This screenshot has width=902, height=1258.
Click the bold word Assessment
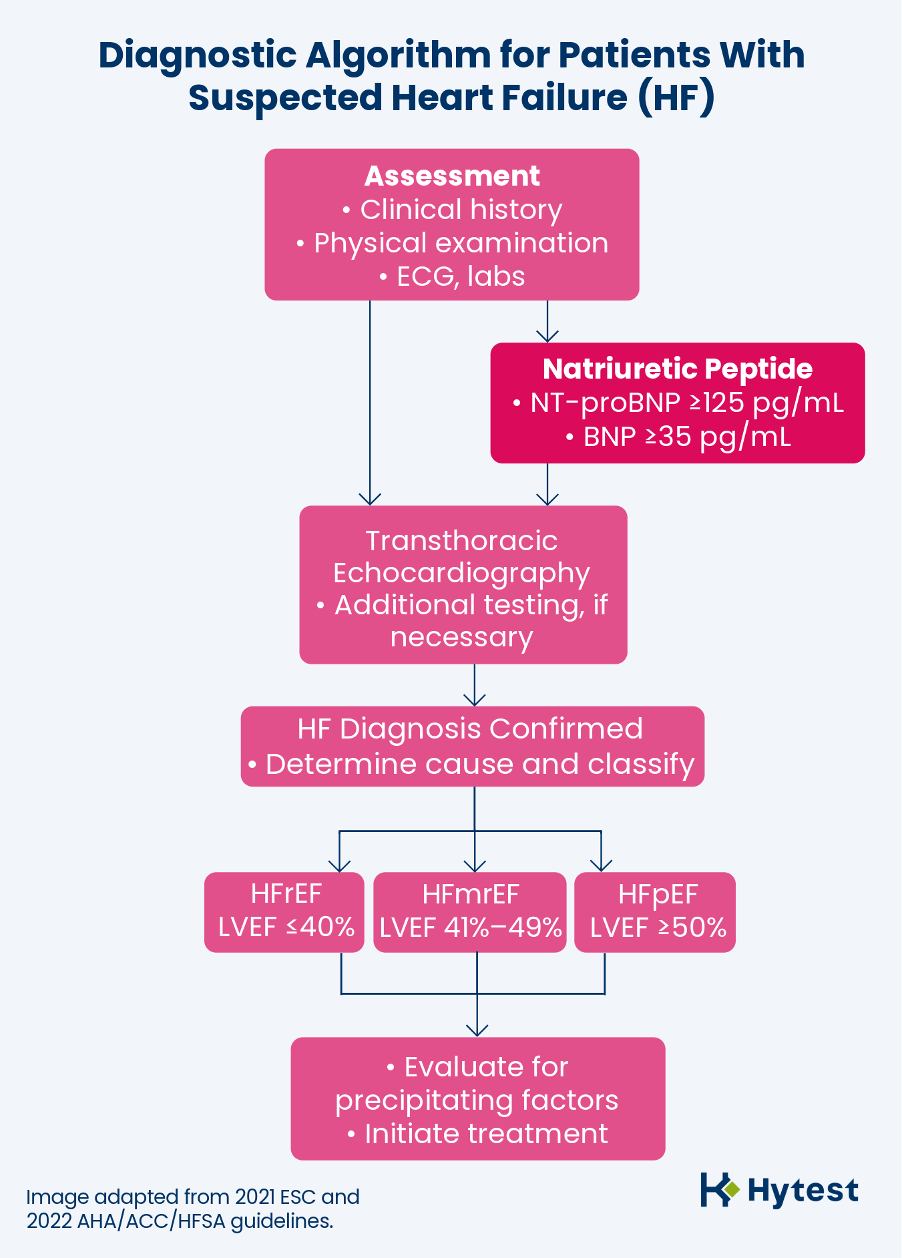click(452, 176)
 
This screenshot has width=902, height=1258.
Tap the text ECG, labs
click(460, 276)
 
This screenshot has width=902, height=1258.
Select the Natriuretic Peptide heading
click(677, 369)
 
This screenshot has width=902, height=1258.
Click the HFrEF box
click(284, 911)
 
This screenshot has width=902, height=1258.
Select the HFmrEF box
click(470, 911)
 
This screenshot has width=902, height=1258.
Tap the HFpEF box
click(655, 911)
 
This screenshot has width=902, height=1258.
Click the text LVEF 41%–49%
click(470, 927)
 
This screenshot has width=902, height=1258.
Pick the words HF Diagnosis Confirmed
click(470, 728)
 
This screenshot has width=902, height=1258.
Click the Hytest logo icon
click(719, 1189)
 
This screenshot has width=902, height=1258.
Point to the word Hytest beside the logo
click(803, 1190)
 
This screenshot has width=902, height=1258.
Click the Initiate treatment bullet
click(485, 1134)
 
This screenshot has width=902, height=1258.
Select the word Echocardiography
click(461, 573)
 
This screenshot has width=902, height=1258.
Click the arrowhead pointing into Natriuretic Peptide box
click(547, 336)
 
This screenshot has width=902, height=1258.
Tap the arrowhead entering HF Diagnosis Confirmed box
click(475, 700)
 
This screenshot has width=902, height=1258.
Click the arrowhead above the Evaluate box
click(477, 1030)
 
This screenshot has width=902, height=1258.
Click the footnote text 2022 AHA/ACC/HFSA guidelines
click(180, 1221)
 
